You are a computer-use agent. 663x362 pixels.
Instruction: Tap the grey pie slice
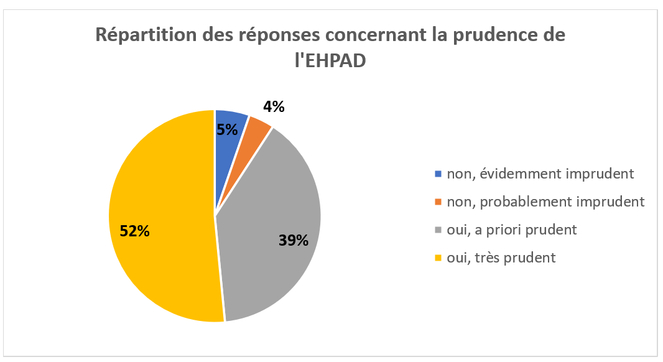coord(274,230)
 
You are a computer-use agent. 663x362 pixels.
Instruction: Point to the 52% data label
coord(134,231)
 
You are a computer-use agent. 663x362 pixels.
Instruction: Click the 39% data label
coord(294,240)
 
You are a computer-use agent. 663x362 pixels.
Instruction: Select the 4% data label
coord(274,106)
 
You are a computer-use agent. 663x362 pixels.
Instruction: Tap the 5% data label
coord(228,130)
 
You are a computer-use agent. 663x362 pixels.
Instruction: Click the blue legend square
coord(438,174)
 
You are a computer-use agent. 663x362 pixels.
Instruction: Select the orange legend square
coord(438,202)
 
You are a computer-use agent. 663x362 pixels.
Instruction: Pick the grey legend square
coord(438,230)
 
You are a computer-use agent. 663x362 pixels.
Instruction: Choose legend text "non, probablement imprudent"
coord(546,202)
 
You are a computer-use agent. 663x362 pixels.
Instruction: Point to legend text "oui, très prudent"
coord(501,258)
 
